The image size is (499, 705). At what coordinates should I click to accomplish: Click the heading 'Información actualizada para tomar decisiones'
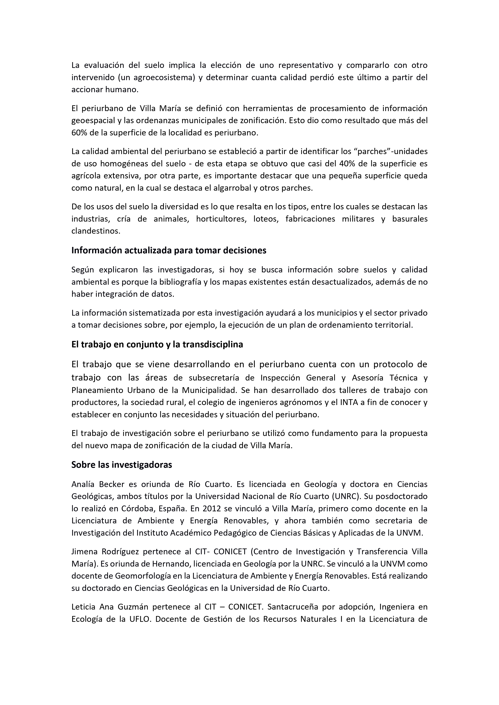click(x=169, y=251)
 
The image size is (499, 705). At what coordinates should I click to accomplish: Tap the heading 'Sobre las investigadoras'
click(x=121, y=465)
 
